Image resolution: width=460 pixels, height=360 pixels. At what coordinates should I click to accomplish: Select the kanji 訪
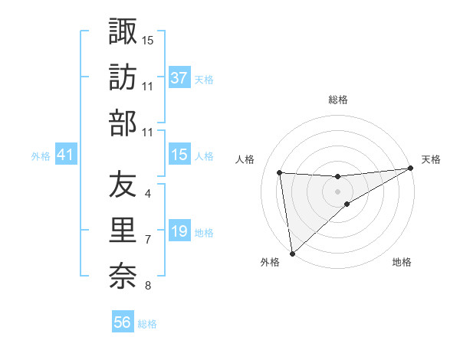(x=123, y=77)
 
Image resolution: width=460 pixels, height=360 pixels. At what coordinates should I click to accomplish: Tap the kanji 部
(x=123, y=123)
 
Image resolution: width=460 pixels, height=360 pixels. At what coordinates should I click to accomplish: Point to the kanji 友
(x=123, y=185)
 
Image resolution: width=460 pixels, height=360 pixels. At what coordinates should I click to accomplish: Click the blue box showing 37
(x=179, y=77)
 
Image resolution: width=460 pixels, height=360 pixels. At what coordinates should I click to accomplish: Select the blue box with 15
(x=179, y=155)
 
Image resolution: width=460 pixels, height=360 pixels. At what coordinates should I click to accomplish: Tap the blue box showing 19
(x=179, y=231)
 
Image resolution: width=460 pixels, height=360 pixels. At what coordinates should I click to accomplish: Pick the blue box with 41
(x=65, y=155)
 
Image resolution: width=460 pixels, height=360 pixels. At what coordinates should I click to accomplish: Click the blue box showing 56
(x=123, y=322)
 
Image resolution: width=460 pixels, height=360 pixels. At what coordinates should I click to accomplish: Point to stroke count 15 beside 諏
(x=148, y=39)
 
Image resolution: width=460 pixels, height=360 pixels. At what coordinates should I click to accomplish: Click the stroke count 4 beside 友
(x=147, y=194)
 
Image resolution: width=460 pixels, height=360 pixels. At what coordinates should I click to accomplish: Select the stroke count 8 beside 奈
(x=147, y=286)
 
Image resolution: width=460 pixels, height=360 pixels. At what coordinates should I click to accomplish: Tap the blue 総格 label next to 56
(x=147, y=324)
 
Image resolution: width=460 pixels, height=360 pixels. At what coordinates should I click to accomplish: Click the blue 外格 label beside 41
(x=41, y=156)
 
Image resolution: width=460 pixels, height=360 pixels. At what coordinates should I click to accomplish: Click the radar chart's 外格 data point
(x=292, y=253)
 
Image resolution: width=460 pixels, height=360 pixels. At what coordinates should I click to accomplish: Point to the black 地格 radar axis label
(x=402, y=263)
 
